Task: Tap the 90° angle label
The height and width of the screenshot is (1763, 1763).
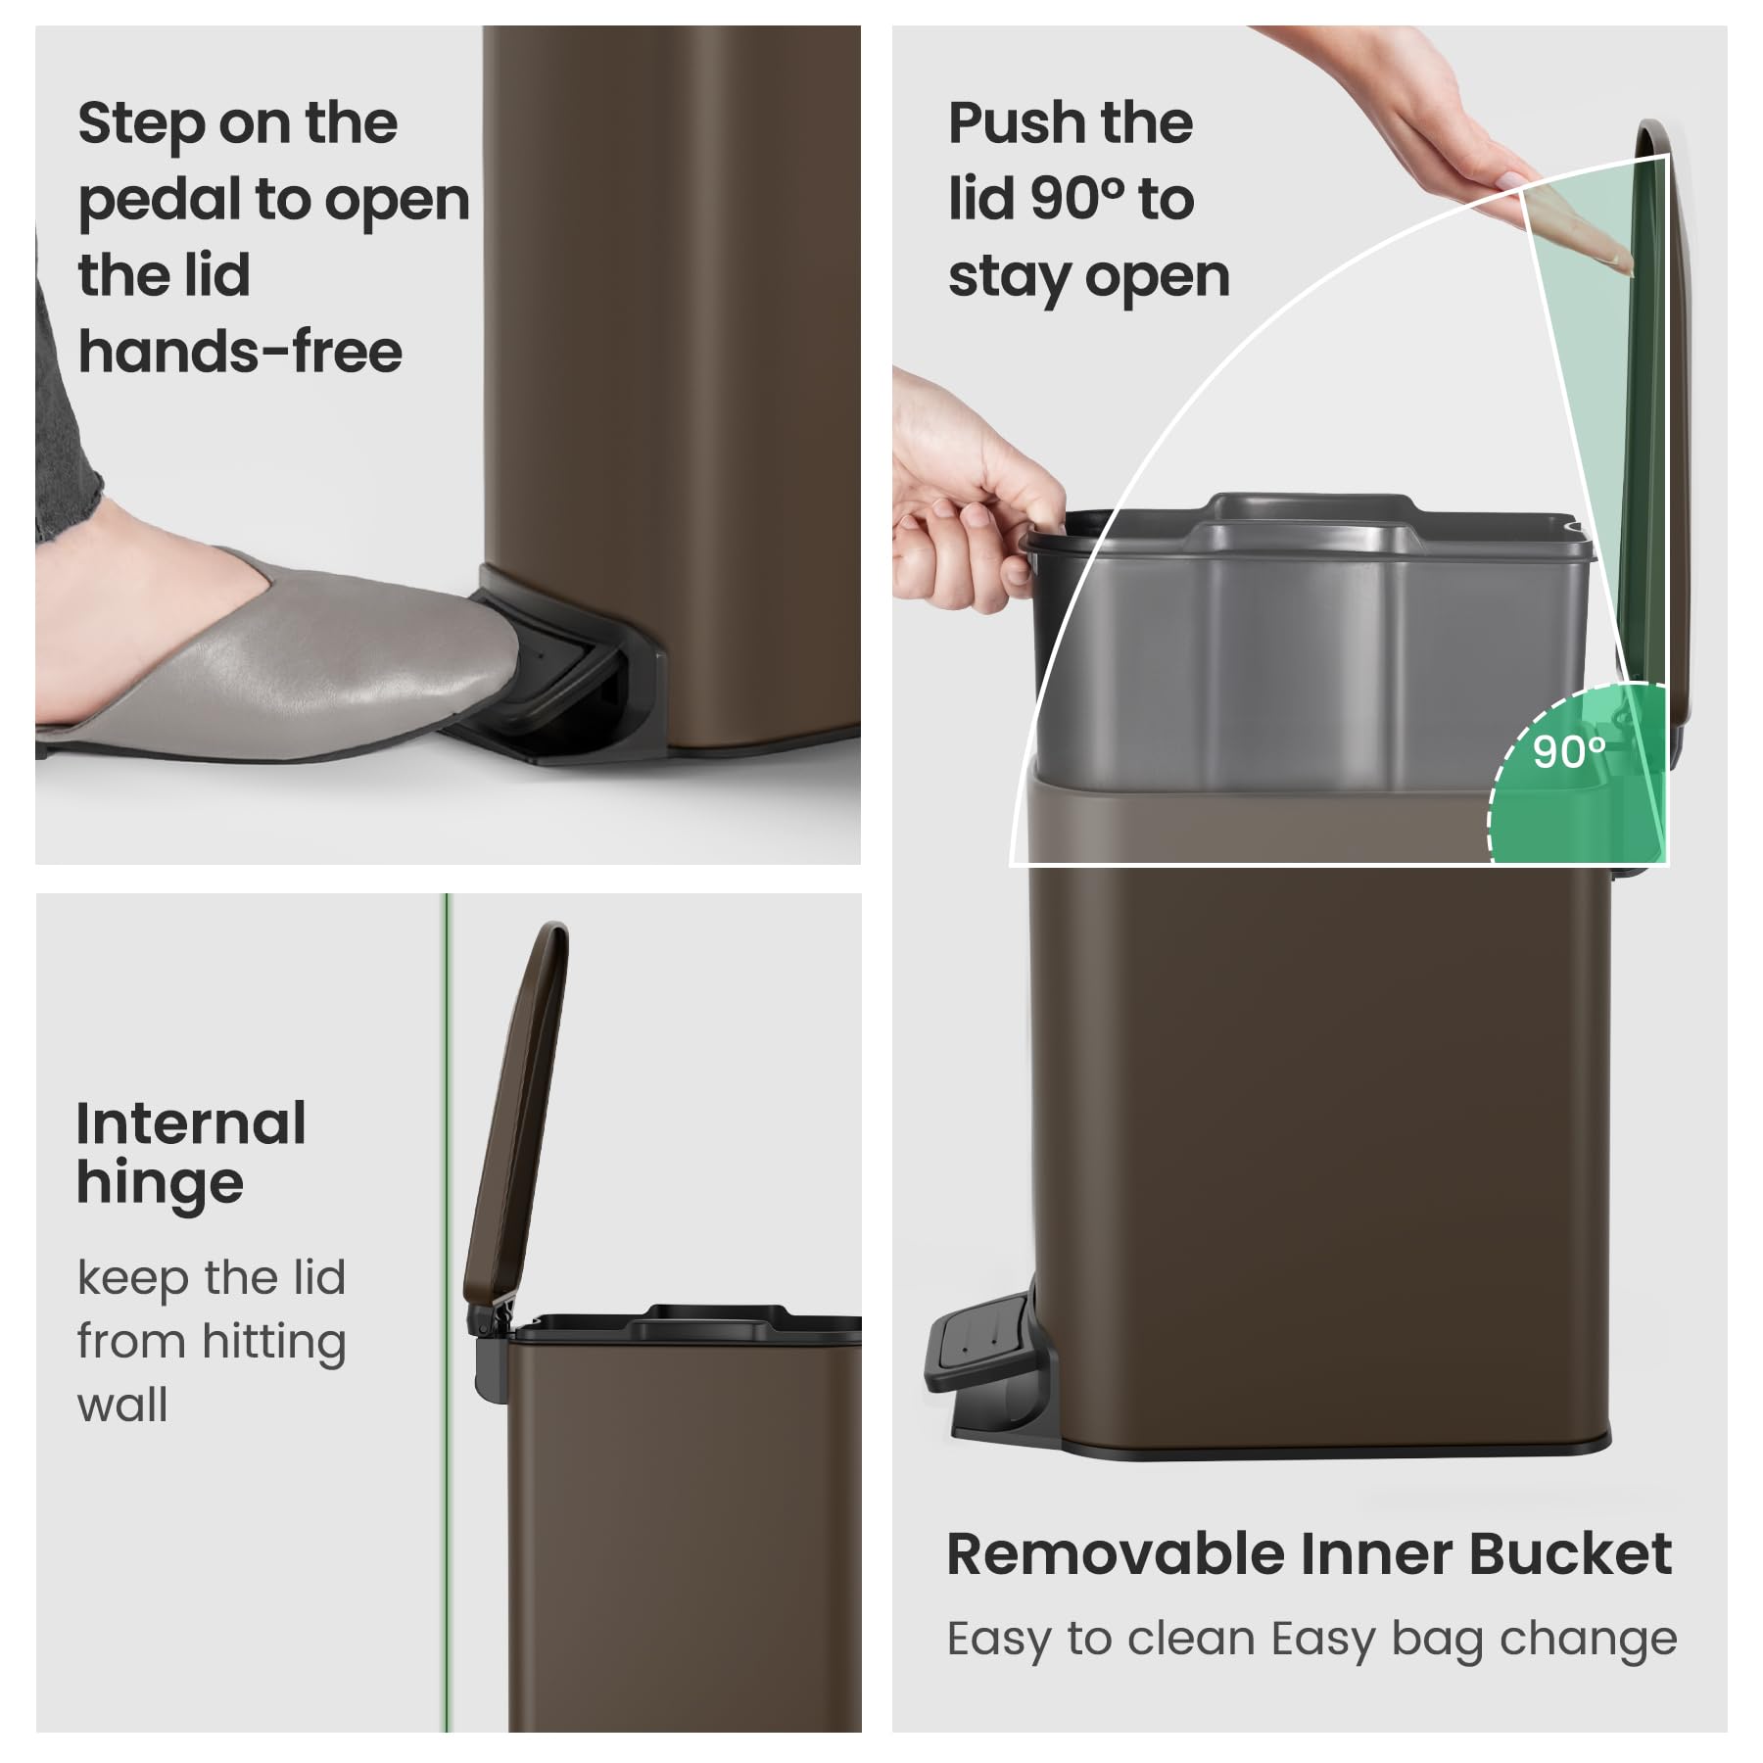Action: pyautogui.click(x=1569, y=751)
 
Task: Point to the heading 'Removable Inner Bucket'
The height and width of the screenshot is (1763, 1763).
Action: pyautogui.click(x=1310, y=1554)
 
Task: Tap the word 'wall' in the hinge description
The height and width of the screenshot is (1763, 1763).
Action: pyautogui.click(x=122, y=1405)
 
